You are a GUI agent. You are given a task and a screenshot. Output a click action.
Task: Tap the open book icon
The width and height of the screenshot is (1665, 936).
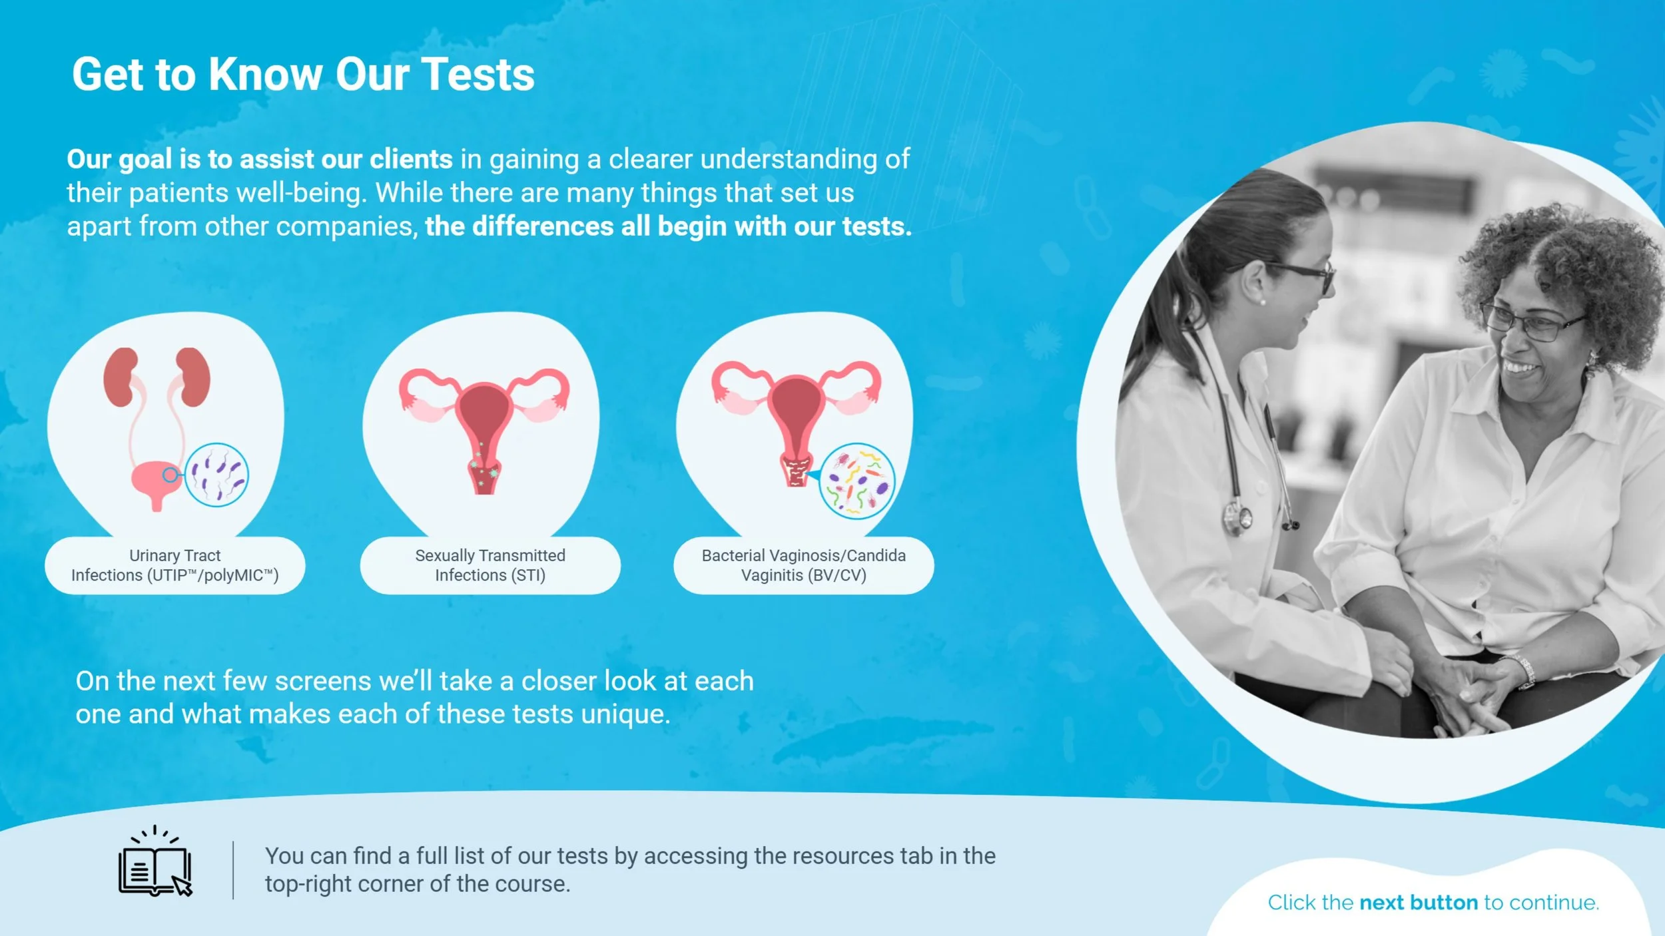click(x=155, y=865)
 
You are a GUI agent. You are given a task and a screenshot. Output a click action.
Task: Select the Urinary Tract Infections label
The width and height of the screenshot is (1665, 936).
click(x=174, y=565)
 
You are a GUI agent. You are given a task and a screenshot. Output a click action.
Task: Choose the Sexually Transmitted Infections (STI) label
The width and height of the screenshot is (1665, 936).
click(x=490, y=565)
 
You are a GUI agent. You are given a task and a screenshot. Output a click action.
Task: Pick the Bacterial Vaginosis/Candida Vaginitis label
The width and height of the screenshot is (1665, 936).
click(x=803, y=565)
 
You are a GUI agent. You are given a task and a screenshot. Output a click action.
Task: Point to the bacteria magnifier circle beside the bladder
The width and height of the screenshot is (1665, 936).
click(x=216, y=475)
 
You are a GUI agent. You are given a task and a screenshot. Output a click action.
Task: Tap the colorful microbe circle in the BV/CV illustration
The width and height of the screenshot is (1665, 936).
click(x=856, y=481)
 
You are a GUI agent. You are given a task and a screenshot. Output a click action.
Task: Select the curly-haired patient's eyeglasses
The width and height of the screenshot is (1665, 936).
click(x=1532, y=322)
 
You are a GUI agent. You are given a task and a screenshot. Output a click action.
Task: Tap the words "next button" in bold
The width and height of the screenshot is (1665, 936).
click(x=1419, y=903)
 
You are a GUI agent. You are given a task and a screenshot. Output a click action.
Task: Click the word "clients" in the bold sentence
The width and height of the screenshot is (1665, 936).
click(x=411, y=160)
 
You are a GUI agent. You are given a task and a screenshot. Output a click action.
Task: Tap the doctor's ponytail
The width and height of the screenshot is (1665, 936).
click(x=1172, y=280)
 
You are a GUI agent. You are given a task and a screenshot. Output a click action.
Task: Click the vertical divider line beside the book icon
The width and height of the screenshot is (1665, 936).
click(x=233, y=870)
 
